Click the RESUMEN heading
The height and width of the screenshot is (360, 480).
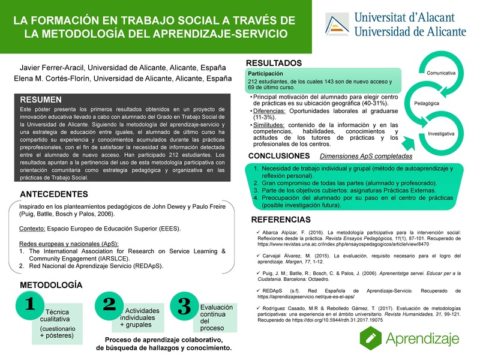[x=41, y=100]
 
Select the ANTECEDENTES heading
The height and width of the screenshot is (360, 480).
[x=55, y=194]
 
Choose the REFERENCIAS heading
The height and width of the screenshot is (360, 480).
[x=279, y=219]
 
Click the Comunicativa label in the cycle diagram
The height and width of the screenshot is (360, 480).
[x=441, y=73]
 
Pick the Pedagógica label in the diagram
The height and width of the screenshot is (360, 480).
[x=427, y=103]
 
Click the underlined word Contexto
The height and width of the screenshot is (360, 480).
[x=33, y=229]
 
